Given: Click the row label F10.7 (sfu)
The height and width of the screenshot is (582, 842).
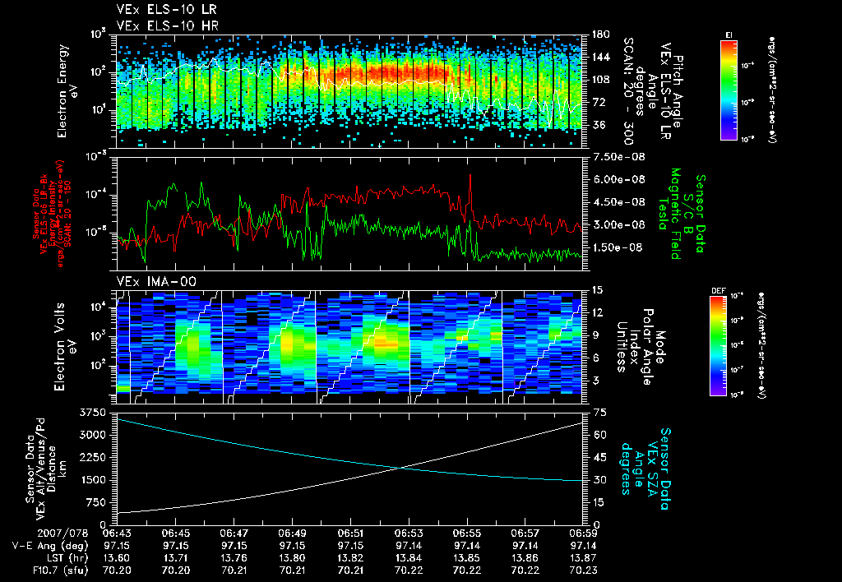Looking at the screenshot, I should tap(37, 570).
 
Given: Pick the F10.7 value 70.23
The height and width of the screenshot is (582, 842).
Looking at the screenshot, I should tap(583, 570).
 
